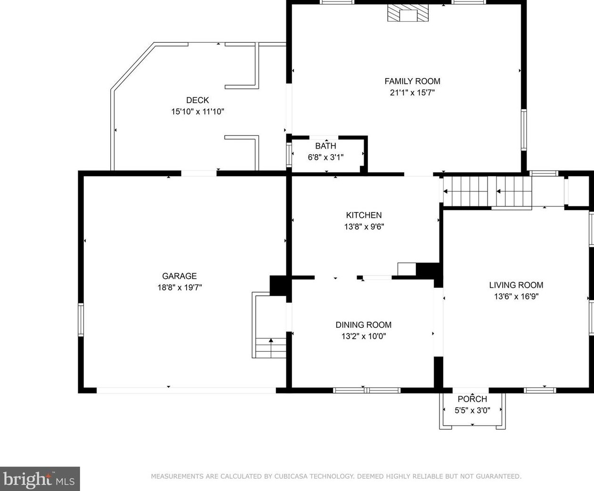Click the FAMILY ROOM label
click(412, 81)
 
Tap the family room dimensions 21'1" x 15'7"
click(412, 93)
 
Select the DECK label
click(197, 100)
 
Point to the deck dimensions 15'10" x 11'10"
click(197, 111)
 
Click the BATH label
click(325, 146)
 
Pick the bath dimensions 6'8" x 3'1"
click(325, 157)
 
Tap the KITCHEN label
click(364, 215)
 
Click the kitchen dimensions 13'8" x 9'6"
click(364, 227)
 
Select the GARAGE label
click(179, 276)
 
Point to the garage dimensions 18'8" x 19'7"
click(179, 287)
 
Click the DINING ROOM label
click(364, 325)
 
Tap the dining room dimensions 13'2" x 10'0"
click(364, 336)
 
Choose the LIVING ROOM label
click(516, 285)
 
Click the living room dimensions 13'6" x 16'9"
click(516, 296)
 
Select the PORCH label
click(472, 399)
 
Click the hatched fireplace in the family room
click(407, 13)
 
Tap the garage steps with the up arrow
click(270, 348)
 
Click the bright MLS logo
click(40, 479)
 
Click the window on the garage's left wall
click(81, 320)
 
